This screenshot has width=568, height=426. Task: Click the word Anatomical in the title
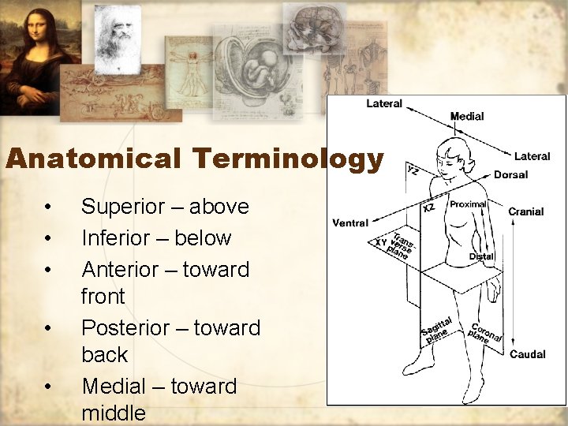(x=92, y=159)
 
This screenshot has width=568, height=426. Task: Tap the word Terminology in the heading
(x=286, y=159)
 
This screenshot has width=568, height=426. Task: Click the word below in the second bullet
(x=204, y=238)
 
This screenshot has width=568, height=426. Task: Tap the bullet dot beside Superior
(x=49, y=207)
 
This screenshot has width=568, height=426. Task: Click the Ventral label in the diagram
(x=350, y=223)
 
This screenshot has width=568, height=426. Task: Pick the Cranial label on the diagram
(x=525, y=211)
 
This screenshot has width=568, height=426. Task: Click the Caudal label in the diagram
(x=527, y=354)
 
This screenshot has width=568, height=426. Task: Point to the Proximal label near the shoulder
(x=468, y=204)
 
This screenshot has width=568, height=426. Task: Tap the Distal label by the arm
(x=481, y=256)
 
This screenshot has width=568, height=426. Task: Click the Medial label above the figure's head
(x=467, y=117)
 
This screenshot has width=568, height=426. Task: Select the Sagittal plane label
(x=436, y=331)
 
